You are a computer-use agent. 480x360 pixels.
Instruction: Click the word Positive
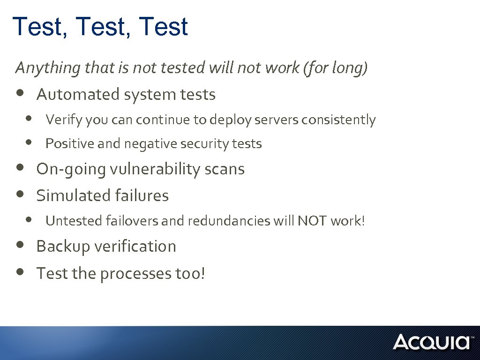click(x=70, y=143)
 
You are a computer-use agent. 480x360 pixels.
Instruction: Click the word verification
click(x=139, y=247)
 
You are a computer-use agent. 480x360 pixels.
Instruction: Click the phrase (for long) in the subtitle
click(x=335, y=68)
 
